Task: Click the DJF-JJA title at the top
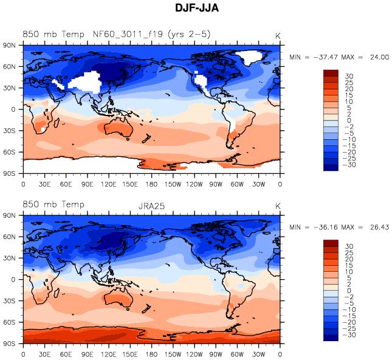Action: tap(196, 9)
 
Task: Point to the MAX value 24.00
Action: tap(380, 57)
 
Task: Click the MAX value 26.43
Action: tap(380, 227)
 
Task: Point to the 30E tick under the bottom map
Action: tap(44, 355)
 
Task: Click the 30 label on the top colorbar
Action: tap(349, 77)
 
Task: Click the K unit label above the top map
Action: tap(278, 35)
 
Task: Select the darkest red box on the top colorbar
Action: tap(331, 74)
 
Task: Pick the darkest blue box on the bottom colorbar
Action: tap(331, 338)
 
